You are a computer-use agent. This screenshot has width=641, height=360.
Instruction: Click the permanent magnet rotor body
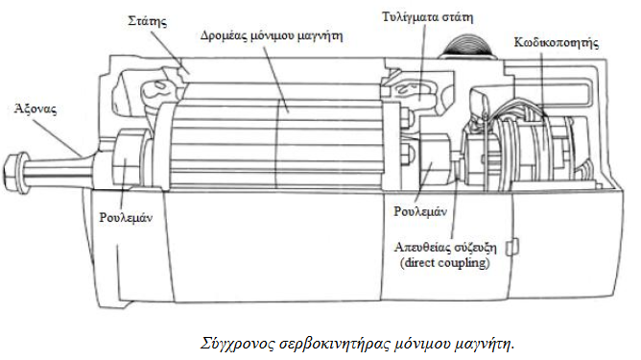278,134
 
